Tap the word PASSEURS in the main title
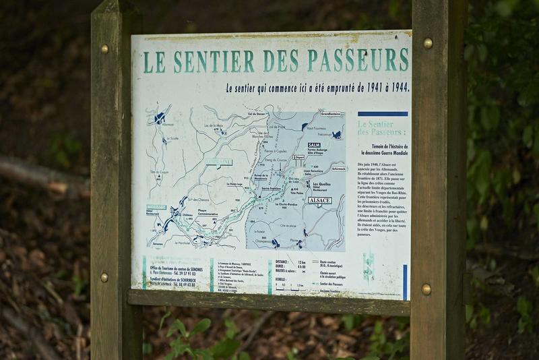coord(358,59)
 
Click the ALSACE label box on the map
coord(319,200)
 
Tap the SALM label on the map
coord(313,145)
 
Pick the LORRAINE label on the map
coord(220,162)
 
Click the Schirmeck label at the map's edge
coord(338,169)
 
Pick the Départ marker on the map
coord(298,156)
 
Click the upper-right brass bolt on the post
coord(428,43)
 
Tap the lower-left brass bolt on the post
coord(104,276)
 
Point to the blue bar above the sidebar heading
coord(383,114)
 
